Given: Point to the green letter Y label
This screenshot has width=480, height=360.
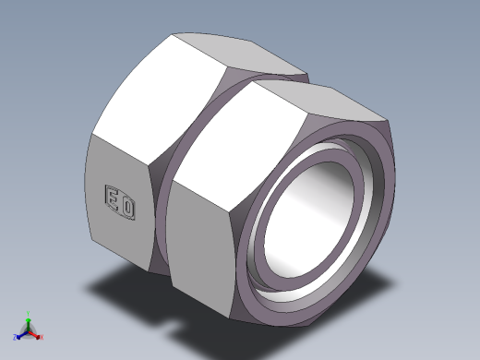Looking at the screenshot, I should click(x=29, y=312).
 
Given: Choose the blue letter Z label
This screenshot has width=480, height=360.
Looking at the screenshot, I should click(x=15, y=336).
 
